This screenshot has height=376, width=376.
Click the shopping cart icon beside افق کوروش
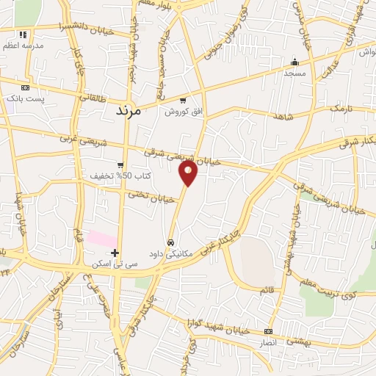[183, 101]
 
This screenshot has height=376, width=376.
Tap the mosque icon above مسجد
[295, 62]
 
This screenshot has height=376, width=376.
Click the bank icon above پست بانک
[25, 87]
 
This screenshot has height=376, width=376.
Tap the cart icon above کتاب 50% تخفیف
[120, 165]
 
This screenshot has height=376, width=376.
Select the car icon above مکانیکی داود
[170, 242]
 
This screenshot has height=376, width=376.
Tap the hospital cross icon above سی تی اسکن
[115, 253]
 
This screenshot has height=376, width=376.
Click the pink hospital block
[102, 239]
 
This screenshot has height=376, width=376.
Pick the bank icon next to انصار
[267, 332]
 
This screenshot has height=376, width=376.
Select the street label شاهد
[283, 117]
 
